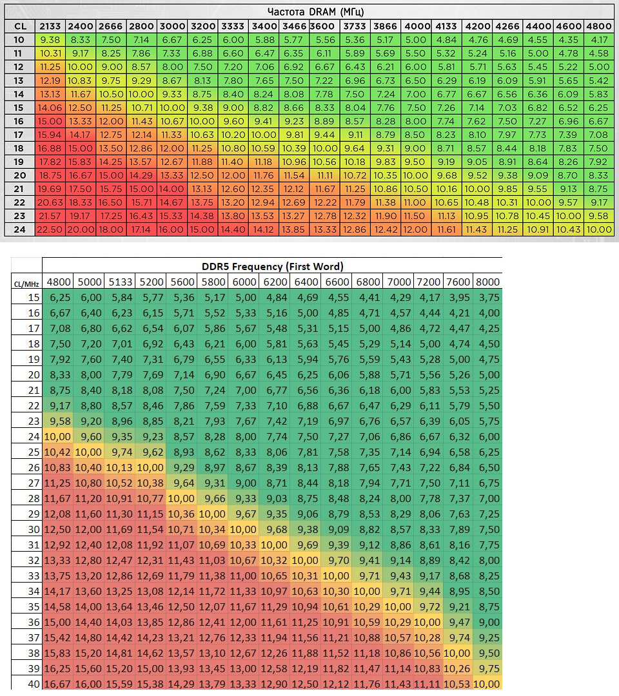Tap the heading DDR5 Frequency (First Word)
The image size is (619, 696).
271,266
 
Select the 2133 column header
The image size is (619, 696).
50,26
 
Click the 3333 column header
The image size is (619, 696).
233,26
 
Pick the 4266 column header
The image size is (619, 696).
507,26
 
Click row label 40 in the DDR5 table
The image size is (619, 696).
34,684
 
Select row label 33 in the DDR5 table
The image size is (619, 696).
34,576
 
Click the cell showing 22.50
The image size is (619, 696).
50,229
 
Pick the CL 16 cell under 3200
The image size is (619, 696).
202,121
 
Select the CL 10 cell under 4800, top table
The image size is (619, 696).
598,40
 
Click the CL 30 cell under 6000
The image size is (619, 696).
243,530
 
